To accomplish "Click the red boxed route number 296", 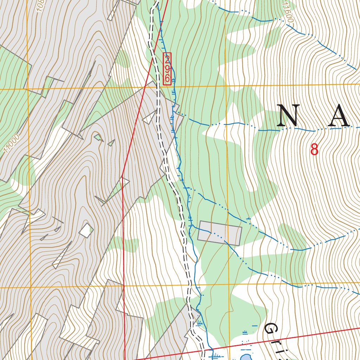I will (x=167, y=69).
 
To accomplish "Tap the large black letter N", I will (x=288, y=116).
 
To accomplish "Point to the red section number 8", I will (x=314, y=150).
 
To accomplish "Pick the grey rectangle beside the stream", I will (x=220, y=233).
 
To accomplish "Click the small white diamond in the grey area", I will (x=86, y=231).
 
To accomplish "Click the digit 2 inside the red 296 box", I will (x=167, y=59).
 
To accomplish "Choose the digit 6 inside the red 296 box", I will (x=167, y=78).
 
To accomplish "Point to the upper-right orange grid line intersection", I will (x=226, y=86).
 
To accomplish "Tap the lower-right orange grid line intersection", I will (x=229, y=283).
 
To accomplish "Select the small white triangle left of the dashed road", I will (x=149, y=117).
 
